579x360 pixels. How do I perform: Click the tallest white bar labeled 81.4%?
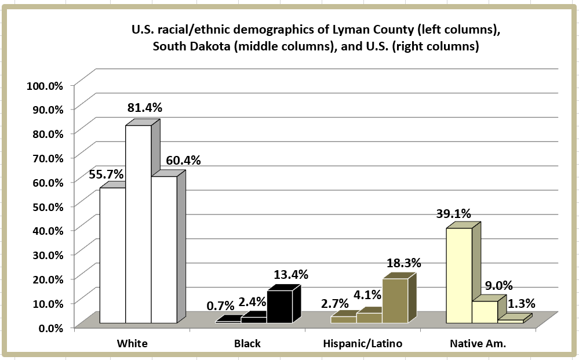pyautogui.click(x=139, y=223)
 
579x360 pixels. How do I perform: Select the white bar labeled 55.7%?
pyautogui.click(x=112, y=255)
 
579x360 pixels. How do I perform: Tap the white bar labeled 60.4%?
pyautogui.click(x=164, y=249)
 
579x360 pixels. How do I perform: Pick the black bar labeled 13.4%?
pyautogui.click(x=279, y=307)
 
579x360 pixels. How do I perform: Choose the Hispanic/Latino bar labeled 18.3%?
pyautogui.click(x=395, y=301)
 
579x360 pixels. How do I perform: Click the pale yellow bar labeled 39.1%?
pyautogui.click(x=459, y=275)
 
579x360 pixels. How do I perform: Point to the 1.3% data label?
pyautogui.click(x=521, y=303)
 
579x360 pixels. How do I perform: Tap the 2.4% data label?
pyautogui.click(x=252, y=301)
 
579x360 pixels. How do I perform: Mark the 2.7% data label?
pyautogui.click(x=335, y=303)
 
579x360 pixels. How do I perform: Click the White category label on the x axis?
pyautogui.click(x=132, y=343)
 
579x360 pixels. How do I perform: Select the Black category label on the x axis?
pyautogui.click(x=247, y=343)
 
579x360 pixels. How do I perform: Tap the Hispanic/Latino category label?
pyautogui.click(x=362, y=343)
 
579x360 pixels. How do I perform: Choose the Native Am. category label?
pyautogui.click(x=478, y=343)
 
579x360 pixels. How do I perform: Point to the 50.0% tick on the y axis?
pyautogui.click(x=46, y=206)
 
